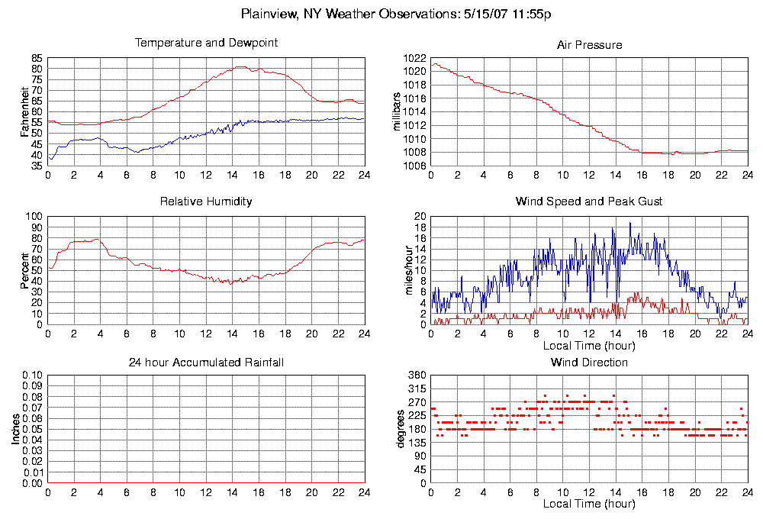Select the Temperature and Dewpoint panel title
206,43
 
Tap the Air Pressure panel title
589,45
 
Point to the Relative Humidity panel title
206,201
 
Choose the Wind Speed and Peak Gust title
589,201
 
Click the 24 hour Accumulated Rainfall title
206,362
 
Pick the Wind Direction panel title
589,362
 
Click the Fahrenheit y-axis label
25,111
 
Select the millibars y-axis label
396,111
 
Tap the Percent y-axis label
25,270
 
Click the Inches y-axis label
15,429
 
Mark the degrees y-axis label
400,429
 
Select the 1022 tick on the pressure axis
416,58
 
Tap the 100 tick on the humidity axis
34,216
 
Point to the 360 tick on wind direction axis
416,376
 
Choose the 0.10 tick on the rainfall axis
31,376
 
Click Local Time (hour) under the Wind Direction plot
589,504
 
